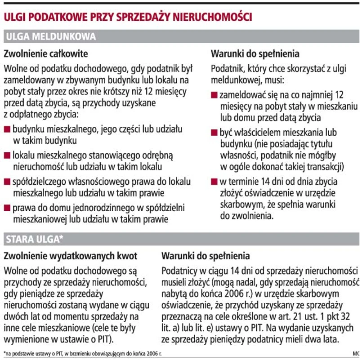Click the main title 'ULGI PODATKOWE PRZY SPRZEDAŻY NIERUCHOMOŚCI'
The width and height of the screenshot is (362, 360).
tap(127, 17)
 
